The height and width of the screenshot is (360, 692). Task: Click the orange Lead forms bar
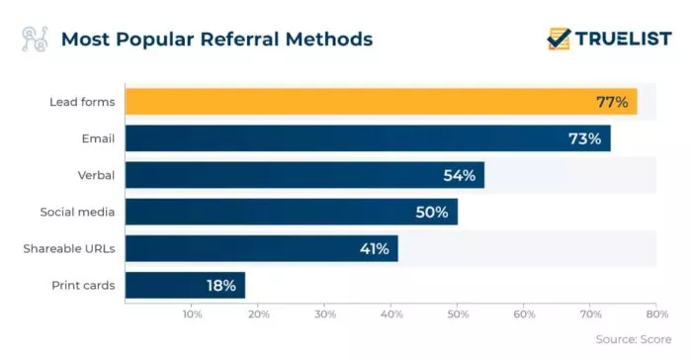click(x=381, y=102)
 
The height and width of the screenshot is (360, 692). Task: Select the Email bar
click(x=368, y=138)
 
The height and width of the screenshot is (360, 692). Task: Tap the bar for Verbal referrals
click(x=304, y=175)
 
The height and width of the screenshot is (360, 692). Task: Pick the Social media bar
click(x=292, y=212)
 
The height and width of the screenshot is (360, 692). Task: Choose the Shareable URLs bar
click(x=262, y=248)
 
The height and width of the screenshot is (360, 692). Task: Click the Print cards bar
click(x=185, y=285)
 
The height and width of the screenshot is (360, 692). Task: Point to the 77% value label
click(x=612, y=102)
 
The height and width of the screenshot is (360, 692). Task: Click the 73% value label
click(x=584, y=138)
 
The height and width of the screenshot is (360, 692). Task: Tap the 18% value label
click(x=220, y=286)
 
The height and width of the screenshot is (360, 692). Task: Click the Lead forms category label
click(x=82, y=102)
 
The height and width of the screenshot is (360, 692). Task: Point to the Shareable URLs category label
click(x=69, y=248)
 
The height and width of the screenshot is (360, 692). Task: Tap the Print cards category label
click(x=83, y=286)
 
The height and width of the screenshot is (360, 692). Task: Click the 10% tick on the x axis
click(x=192, y=315)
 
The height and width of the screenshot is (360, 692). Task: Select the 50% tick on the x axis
click(x=458, y=315)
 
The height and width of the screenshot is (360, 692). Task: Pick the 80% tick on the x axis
click(x=656, y=315)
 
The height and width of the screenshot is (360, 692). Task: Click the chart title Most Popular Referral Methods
click(x=216, y=40)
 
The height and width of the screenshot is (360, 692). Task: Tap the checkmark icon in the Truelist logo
click(x=559, y=38)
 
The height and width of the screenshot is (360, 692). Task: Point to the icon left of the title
click(x=35, y=40)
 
